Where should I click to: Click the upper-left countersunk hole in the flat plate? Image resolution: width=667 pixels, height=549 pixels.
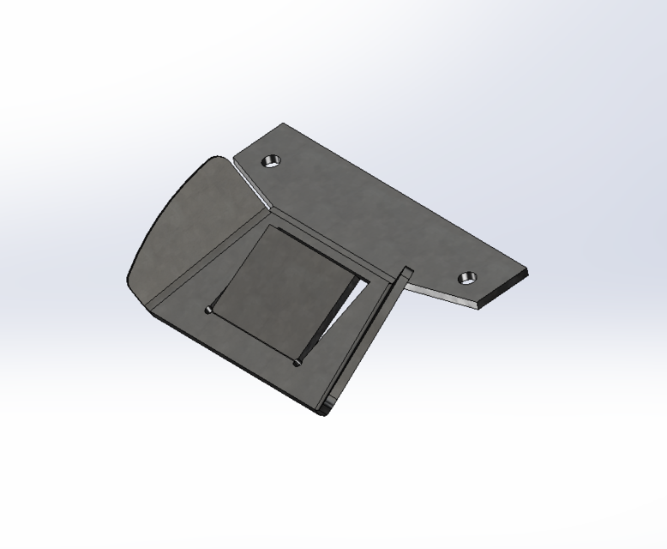pyautogui.click(x=272, y=160)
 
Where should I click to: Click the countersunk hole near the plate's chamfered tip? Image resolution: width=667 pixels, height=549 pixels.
pyautogui.click(x=466, y=277)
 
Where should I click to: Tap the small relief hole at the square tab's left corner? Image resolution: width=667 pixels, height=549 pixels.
pyautogui.click(x=209, y=309)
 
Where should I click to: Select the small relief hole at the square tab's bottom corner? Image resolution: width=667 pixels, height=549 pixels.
pyautogui.click(x=297, y=362)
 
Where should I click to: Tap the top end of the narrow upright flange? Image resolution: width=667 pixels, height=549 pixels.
pyautogui.click(x=406, y=273)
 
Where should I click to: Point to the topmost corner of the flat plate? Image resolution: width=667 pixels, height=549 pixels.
pyautogui.click(x=281, y=124)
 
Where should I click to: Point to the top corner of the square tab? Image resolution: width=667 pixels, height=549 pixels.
pyautogui.click(x=271, y=226)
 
